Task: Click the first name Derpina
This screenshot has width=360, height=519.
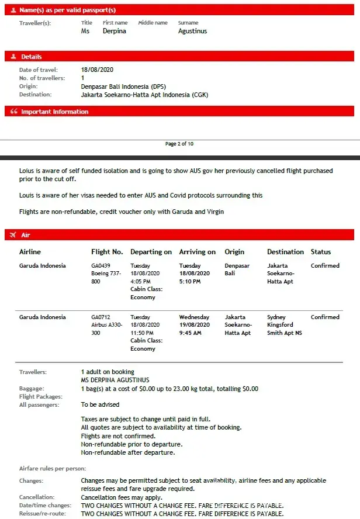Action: pos(114,31)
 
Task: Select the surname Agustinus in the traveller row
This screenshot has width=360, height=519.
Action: pos(192,31)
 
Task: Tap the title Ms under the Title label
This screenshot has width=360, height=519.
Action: pos(85,31)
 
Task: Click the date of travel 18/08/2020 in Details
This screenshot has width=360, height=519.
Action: pos(97,70)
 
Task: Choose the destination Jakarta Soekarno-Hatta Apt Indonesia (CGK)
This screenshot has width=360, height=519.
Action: pos(144,94)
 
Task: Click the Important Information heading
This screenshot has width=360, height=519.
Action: pos(55,112)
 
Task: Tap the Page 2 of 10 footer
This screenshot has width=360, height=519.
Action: pos(179,144)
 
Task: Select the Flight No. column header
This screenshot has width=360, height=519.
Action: pos(107,252)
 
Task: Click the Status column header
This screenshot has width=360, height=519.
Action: pos(321,252)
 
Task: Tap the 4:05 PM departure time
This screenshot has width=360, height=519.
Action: pos(141,282)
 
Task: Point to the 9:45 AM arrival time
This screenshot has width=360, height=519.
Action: pos(190,333)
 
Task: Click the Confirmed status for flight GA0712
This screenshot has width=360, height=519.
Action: pos(325,317)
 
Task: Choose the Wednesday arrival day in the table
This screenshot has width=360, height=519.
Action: pos(194,317)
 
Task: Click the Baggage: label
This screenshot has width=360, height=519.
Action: pos(32,388)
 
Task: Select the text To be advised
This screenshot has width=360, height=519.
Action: pos(100,404)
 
